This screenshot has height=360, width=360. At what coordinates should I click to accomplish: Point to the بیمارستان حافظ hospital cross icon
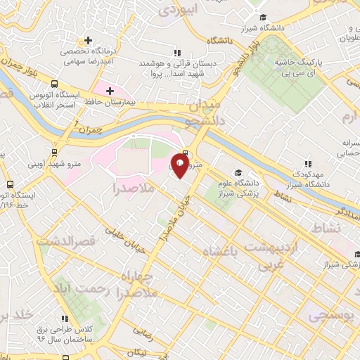[110, 91]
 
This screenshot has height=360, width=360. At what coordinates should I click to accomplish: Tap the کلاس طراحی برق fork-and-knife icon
[65, 319]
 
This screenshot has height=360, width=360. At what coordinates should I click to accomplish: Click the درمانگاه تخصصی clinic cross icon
[89, 40]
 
